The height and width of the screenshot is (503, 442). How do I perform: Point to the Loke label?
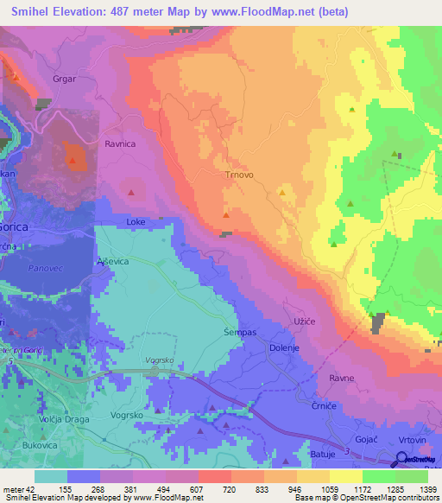tap(136, 222)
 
